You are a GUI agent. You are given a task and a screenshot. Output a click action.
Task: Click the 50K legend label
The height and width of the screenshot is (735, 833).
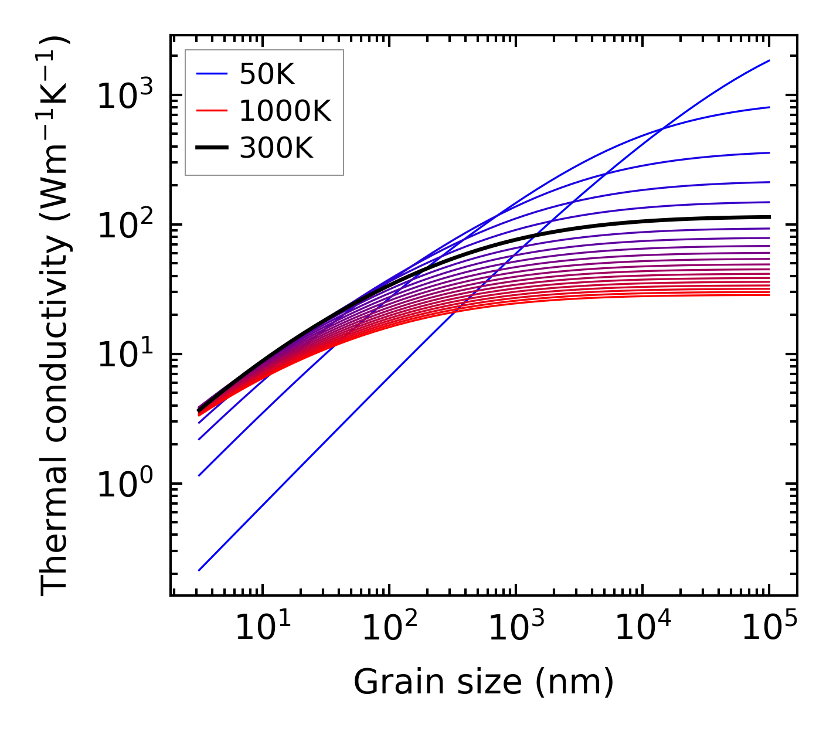click(267, 74)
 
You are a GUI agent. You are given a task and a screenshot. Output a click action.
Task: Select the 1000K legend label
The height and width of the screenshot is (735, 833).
click(285, 111)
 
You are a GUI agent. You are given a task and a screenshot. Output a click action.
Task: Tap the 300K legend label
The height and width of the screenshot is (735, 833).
click(276, 149)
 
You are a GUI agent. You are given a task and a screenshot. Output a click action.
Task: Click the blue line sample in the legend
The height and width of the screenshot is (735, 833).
click(212, 74)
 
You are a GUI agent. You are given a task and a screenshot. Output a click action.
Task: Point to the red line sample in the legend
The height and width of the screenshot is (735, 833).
click(212, 111)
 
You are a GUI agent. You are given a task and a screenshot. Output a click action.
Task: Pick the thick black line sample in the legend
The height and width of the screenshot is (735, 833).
click(212, 149)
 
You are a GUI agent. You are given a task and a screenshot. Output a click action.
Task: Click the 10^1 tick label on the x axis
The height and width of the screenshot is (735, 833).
click(263, 628)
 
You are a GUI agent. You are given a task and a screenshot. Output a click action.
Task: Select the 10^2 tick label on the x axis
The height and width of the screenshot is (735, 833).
click(389, 628)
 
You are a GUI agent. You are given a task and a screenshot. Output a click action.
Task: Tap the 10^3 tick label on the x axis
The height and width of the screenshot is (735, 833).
click(516, 628)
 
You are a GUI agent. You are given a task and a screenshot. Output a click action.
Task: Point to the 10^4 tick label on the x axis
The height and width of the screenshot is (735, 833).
click(642, 628)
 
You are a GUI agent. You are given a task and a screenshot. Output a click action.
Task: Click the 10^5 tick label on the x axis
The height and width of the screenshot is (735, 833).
click(769, 628)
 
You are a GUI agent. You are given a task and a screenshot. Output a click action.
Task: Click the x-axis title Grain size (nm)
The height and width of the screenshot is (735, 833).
click(484, 682)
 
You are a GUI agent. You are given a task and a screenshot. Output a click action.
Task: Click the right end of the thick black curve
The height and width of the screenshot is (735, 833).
click(769, 217)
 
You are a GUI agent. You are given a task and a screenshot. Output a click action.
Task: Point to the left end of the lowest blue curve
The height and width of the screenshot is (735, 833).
click(199, 570)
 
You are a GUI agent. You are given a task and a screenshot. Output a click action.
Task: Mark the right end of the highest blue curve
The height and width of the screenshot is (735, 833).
click(769, 60)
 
